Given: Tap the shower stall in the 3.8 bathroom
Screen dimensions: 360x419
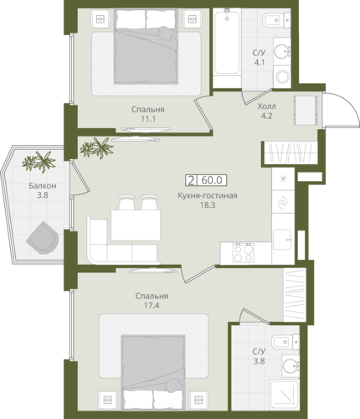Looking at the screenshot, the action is click(x=284, y=395).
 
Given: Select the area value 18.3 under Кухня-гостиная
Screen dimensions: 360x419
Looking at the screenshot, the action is click(x=208, y=205).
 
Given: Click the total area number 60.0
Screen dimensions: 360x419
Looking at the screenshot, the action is click(x=212, y=180).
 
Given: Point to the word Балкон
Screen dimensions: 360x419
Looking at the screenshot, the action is click(x=43, y=186).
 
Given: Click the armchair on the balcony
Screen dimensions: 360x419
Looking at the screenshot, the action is click(x=43, y=238).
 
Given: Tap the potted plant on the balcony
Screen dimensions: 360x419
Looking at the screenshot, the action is click(x=39, y=162).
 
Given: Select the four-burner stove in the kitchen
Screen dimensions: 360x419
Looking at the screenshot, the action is click(x=244, y=252).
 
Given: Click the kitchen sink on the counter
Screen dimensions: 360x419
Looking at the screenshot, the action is click(x=282, y=240).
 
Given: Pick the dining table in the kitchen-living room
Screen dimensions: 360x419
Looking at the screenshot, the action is click(x=136, y=225).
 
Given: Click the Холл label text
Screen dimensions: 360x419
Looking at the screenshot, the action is click(x=267, y=106).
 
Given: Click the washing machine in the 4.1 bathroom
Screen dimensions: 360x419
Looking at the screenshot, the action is click(x=282, y=76).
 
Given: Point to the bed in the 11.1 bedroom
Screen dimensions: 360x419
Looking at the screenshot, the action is click(x=146, y=46).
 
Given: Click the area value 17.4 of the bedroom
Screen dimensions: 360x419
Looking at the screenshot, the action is click(x=152, y=306).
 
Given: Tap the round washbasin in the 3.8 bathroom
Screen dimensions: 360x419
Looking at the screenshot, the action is click(x=291, y=365).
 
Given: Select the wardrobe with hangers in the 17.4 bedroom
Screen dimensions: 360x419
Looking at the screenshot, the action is click(x=295, y=295).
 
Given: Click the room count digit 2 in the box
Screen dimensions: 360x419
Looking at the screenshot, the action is click(x=191, y=180).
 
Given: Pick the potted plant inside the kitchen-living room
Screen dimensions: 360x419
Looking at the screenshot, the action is click(x=96, y=148).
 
